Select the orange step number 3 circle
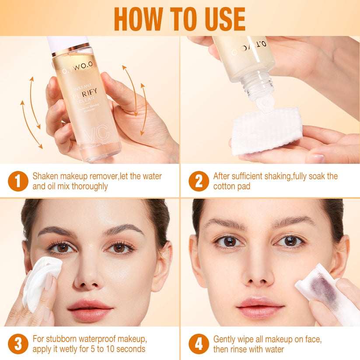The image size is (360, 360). (18, 344)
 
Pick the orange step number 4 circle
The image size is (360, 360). (199, 344)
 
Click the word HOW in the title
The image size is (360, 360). (136, 19)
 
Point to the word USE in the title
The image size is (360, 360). (222, 19)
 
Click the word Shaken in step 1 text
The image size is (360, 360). (45, 176)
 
